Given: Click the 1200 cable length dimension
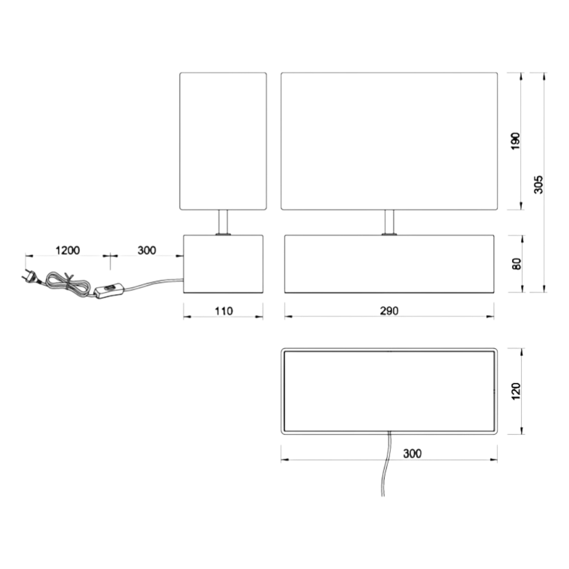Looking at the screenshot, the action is pos(67,250).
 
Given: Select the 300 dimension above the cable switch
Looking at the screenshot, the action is pos(147,250).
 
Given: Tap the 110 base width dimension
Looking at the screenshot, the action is pos(224,311).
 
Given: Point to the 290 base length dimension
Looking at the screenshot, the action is pos(389,311).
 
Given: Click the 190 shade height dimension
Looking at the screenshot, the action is pos(516,141).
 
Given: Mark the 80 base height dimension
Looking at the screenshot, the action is pos(517,264).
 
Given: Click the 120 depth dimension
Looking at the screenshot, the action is pos(516,391).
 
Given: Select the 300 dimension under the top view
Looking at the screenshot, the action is pos(412,453).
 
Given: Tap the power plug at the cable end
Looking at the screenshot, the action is pos(30,277).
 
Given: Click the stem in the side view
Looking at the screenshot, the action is pos(223,222).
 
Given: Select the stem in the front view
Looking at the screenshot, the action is pos(389,222).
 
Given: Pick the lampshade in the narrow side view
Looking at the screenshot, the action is pos(223,141).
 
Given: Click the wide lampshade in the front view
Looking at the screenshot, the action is pos(389,141).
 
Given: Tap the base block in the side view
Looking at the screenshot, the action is pos(223,264).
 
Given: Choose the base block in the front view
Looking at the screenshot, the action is pos(389,264).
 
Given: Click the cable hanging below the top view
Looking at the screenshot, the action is pos(386,464).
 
